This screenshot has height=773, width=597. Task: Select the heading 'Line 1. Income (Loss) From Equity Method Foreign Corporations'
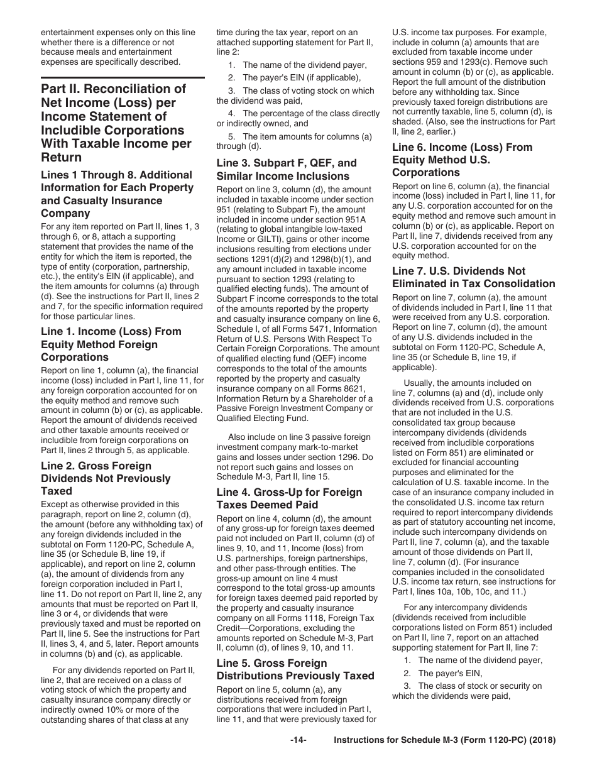pos(111,344)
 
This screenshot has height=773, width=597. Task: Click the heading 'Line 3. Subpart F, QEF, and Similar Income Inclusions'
pos(286,170)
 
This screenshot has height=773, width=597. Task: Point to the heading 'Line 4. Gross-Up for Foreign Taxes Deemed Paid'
pos(289,498)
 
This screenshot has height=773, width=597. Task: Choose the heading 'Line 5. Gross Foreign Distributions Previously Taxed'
pos(295,669)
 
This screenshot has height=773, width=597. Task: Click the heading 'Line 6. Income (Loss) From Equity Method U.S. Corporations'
pos(462,160)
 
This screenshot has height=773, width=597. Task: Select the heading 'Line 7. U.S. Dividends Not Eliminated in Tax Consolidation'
pos(473,277)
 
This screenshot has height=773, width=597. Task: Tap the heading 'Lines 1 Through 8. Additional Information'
pos(117,194)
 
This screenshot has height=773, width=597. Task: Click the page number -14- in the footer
pos(298,740)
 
